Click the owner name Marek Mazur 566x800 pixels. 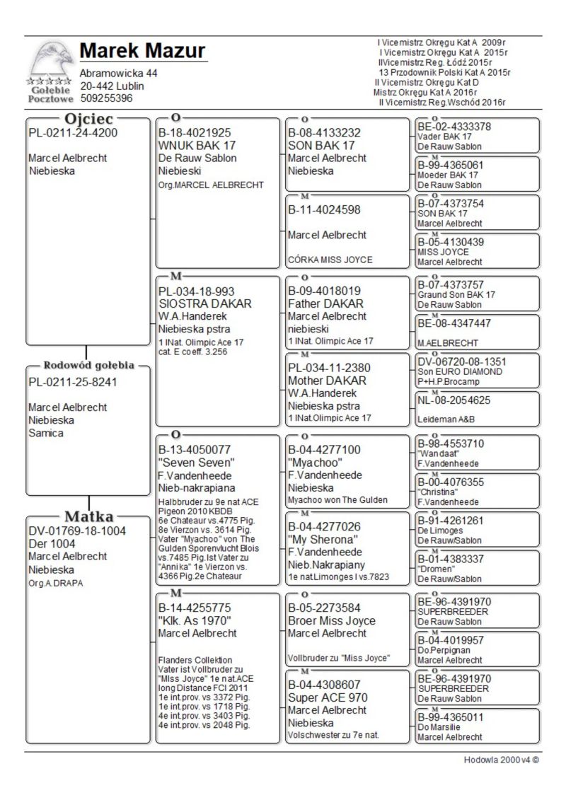click(142, 52)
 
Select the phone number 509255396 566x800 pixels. click(106, 98)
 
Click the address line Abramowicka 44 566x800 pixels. click(119, 74)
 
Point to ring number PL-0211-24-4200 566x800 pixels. click(73, 132)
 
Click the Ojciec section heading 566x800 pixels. click(89, 119)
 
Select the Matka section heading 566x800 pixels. click(89, 516)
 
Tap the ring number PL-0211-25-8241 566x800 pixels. click(73, 382)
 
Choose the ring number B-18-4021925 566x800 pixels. click(195, 132)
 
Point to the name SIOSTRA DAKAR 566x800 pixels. click(205, 303)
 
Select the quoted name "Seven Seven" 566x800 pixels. click(197, 463)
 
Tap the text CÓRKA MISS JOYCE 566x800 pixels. click(330, 260)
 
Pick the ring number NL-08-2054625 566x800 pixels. click(459, 400)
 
